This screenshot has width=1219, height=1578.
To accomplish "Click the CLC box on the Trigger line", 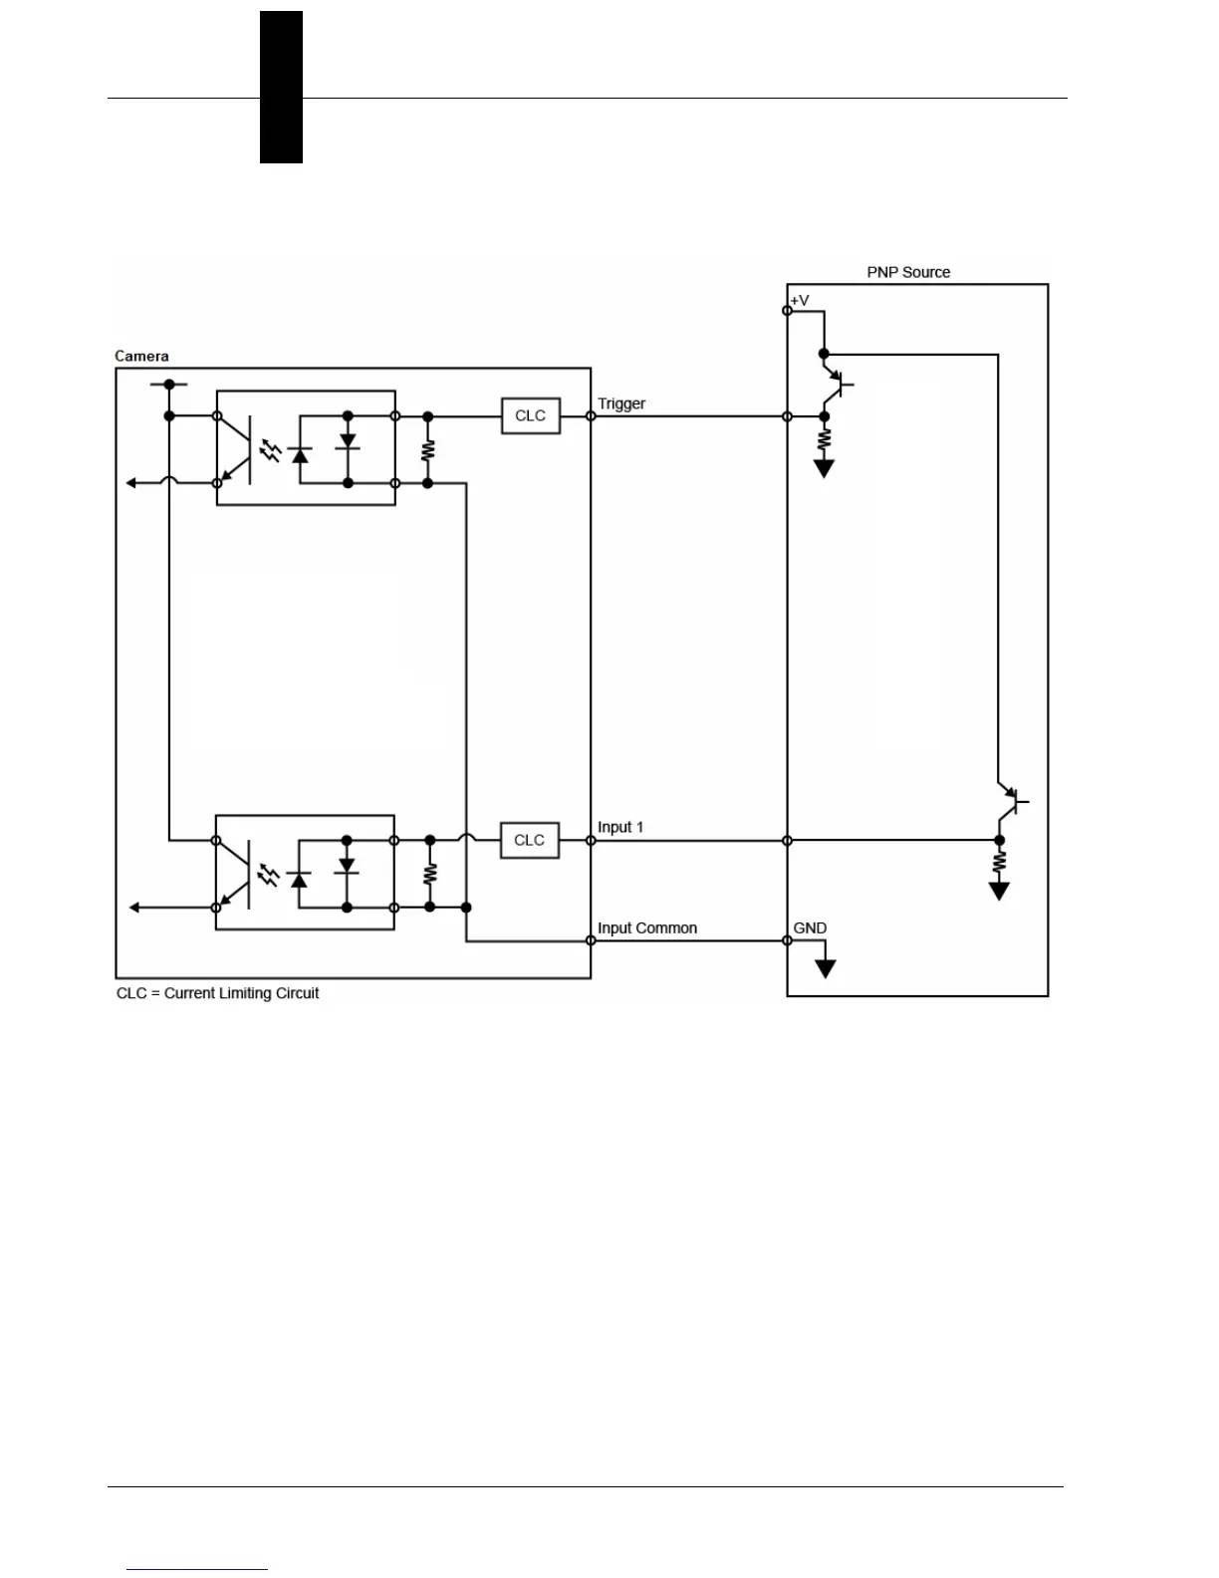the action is click(x=530, y=415).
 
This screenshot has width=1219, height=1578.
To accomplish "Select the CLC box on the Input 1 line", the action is click(x=529, y=840).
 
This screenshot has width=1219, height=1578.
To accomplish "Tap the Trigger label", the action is click(x=621, y=403).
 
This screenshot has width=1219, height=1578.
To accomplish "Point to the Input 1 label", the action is click(x=620, y=827).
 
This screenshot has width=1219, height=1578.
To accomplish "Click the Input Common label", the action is click(x=647, y=927).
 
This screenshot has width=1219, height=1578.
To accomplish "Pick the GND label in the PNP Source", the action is click(x=810, y=927).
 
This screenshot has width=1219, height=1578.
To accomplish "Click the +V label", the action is click(x=800, y=300).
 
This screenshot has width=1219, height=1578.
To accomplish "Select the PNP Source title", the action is click(x=908, y=272).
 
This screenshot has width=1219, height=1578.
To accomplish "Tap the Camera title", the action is click(x=141, y=356).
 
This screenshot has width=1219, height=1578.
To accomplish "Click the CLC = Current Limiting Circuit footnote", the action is click(x=218, y=993).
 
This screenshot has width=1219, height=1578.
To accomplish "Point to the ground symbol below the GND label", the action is click(x=825, y=967).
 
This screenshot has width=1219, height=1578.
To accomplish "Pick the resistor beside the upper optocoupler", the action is click(x=428, y=449).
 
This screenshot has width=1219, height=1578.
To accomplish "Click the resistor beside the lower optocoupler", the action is click(x=430, y=874).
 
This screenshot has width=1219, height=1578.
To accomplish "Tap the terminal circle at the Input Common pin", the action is click(x=591, y=940).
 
